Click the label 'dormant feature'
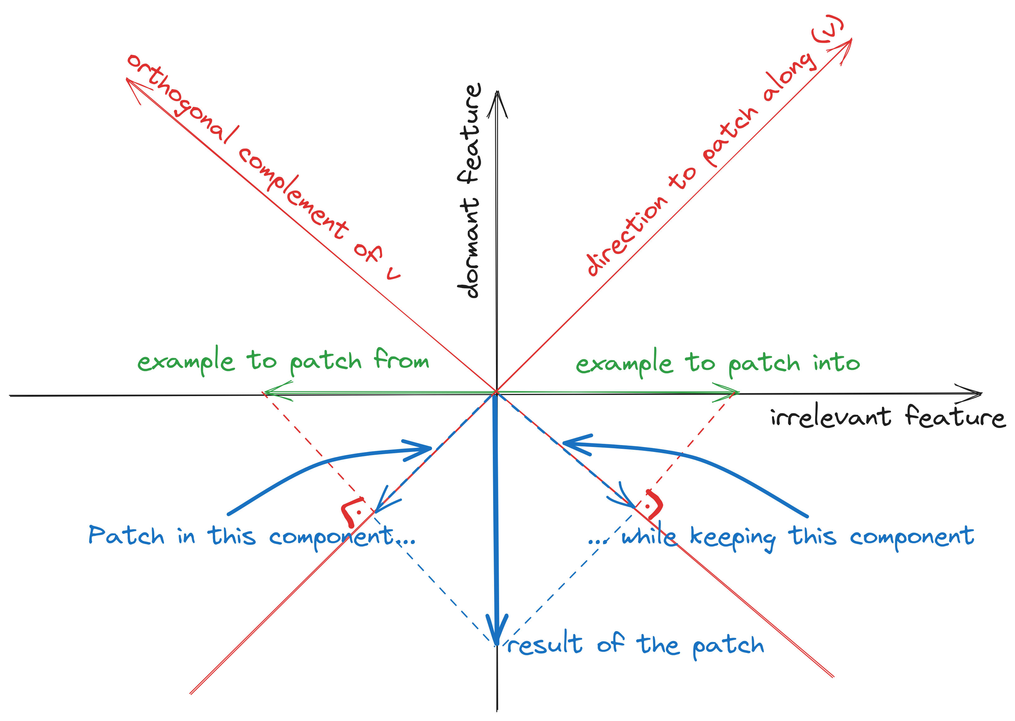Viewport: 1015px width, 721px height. [469, 191]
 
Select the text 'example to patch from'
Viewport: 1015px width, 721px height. [283, 361]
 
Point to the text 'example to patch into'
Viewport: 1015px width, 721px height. [718, 363]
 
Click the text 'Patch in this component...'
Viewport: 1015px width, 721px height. [251, 536]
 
